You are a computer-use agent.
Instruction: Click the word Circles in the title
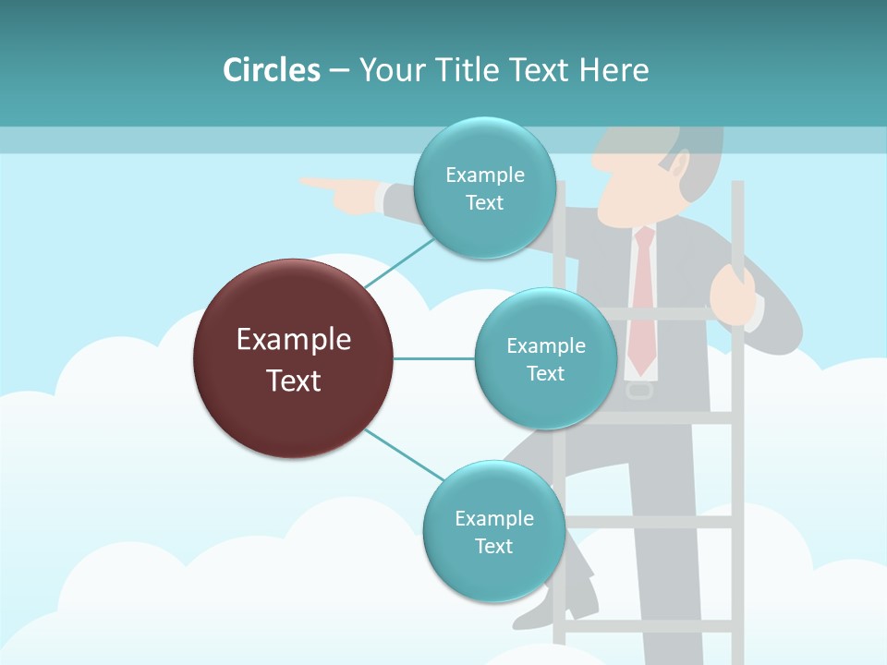(271, 70)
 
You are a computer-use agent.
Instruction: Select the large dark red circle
(293, 358)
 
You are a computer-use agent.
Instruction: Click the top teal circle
(484, 188)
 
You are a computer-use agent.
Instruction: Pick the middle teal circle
(545, 358)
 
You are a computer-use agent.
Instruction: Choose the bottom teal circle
(493, 531)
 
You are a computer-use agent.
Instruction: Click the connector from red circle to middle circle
(433, 358)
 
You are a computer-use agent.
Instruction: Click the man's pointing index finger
(319, 183)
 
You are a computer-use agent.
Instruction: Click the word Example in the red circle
(293, 340)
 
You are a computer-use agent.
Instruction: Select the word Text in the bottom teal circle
(493, 546)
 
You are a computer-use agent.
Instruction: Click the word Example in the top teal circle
(484, 175)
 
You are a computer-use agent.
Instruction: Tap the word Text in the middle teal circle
(545, 373)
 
